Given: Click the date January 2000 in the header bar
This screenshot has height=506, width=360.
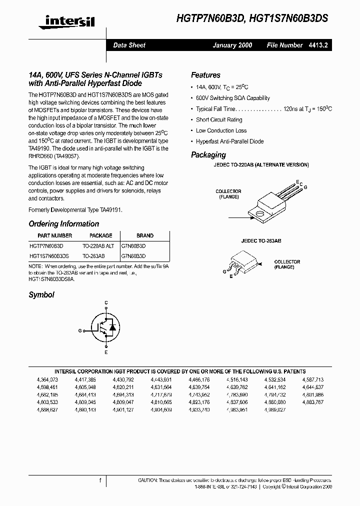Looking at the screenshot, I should [232, 45].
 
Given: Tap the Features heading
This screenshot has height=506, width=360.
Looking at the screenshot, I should [205, 75].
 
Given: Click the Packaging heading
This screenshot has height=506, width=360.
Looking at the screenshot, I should [208, 155].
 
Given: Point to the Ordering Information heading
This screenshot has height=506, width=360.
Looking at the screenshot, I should [63, 224].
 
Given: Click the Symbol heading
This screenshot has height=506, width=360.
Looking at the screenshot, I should [41, 295].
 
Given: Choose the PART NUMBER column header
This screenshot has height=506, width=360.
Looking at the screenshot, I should [55, 235].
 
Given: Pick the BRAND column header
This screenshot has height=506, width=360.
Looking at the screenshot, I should [145, 235].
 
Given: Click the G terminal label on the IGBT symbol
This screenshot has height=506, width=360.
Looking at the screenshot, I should [80, 330].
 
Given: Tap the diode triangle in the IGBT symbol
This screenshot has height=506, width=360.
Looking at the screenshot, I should [112, 327].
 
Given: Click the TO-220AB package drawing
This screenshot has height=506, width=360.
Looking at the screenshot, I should [270, 199].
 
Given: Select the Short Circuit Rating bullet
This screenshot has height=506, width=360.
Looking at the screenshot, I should [219, 120].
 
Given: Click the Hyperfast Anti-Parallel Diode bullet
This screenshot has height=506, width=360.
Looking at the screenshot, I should [229, 141].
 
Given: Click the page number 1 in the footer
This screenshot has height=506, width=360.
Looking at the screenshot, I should [100, 480].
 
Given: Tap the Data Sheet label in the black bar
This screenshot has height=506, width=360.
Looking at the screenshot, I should [129, 45].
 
